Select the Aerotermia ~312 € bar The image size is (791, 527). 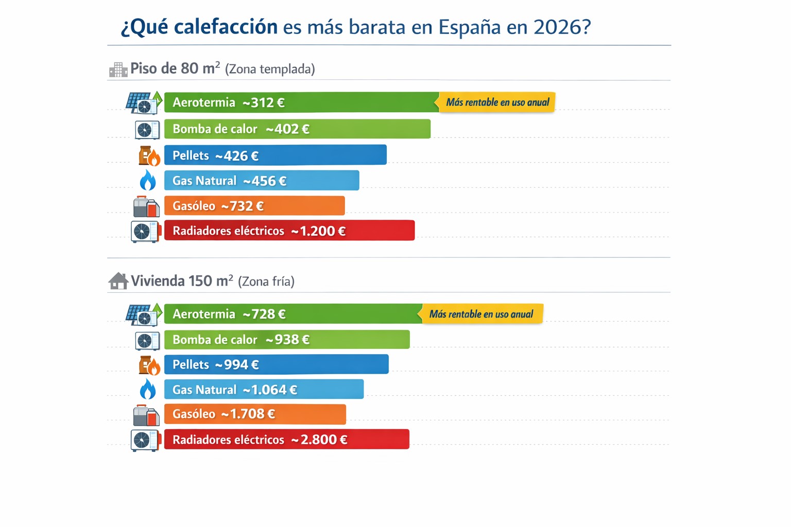coord(301,102)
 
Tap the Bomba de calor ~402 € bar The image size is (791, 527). coord(297,129)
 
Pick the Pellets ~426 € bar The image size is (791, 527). coord(275,155)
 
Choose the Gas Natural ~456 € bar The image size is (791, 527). coord(262,181)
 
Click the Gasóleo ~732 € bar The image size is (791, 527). coord(254,206)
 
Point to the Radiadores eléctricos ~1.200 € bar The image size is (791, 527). coord(289,231)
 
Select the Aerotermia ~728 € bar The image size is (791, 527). coord(293,314)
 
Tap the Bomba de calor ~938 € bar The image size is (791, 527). coord(287,340)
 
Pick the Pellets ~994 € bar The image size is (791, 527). coord(276,364)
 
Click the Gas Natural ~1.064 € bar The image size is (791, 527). coord(264,390)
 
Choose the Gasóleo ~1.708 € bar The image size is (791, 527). coord(255,414)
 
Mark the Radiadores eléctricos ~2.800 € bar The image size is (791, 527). coord(286,440)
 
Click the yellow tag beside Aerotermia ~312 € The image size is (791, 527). coord(496,102)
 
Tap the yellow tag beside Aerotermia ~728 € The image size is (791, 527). coord(482,314)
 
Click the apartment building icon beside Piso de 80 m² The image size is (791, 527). coord(118,69)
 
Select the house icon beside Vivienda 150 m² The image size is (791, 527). coord(118,281)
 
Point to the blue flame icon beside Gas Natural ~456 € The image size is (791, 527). coord(148,181)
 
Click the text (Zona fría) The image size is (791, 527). coord(266,282)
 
